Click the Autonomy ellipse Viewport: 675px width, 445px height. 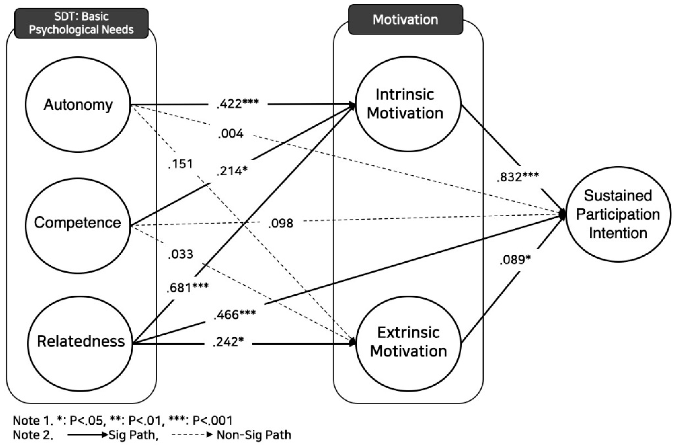[78, 105]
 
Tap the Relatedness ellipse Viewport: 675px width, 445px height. [80, 343]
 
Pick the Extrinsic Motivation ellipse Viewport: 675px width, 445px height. [408, 343]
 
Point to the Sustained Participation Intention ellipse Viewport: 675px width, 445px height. [618, 214]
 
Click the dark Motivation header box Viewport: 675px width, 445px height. [406, 20]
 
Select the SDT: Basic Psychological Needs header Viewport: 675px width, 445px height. [81, 23]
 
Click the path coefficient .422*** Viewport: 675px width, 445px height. [238, 104]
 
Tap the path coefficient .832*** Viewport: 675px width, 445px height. [518, 177]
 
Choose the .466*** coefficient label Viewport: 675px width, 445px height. [235, 315]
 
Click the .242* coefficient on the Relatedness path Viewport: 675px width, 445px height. [228, 342]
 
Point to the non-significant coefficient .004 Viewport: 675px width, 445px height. [231, 134]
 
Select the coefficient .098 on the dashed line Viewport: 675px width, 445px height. [281, 224]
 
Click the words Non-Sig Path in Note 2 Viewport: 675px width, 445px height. [254, 435]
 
